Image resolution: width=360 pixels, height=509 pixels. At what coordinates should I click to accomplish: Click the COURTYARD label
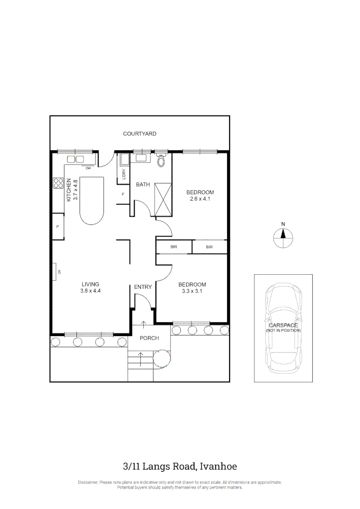click(x=139, y=134)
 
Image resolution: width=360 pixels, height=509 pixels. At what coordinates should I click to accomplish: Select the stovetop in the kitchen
click(x=58, y=183)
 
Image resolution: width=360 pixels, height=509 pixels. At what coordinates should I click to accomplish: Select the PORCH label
click(x=149, y=338)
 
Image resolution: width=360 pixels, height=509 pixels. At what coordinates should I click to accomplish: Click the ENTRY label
click(x=143, y=287)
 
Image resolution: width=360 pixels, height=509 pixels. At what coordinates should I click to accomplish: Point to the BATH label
click(x=143, y=184)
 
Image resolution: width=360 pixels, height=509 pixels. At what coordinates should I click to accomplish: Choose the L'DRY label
click(x=123, y=174)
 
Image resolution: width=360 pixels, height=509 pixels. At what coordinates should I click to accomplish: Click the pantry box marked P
click(x=57, y=227)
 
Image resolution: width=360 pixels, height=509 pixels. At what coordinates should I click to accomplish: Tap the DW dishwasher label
click(x=88, y=167)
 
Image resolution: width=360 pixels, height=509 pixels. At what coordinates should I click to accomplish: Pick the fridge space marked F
click(x=123, y=194)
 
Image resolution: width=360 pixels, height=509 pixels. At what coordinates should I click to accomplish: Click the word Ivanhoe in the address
click(x=218, y=467)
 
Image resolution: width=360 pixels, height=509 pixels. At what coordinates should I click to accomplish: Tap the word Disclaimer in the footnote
click(x=88, y=482)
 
